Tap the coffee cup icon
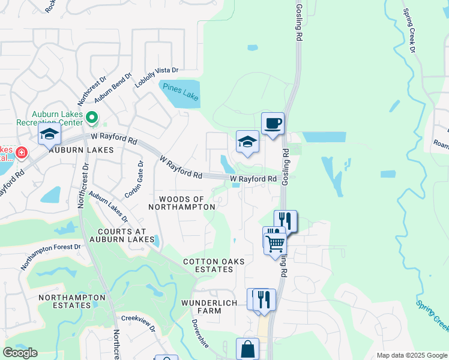(x=273, y=123)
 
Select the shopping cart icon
(x=275, y=244)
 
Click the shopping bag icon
(x=247, y=349)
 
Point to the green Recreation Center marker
(x=92, y=118)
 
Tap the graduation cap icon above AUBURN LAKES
(x=49, y=134)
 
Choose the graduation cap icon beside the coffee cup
(x=247, y=142)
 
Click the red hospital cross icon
(x=22, y=152)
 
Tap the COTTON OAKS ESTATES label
(x=208, y=266)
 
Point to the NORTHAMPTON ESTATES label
(x=64, y=301)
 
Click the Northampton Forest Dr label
(x=50, y=256)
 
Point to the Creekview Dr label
(x=139, y=324)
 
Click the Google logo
(x=20, y=353)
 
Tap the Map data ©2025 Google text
(x=412, y=355)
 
